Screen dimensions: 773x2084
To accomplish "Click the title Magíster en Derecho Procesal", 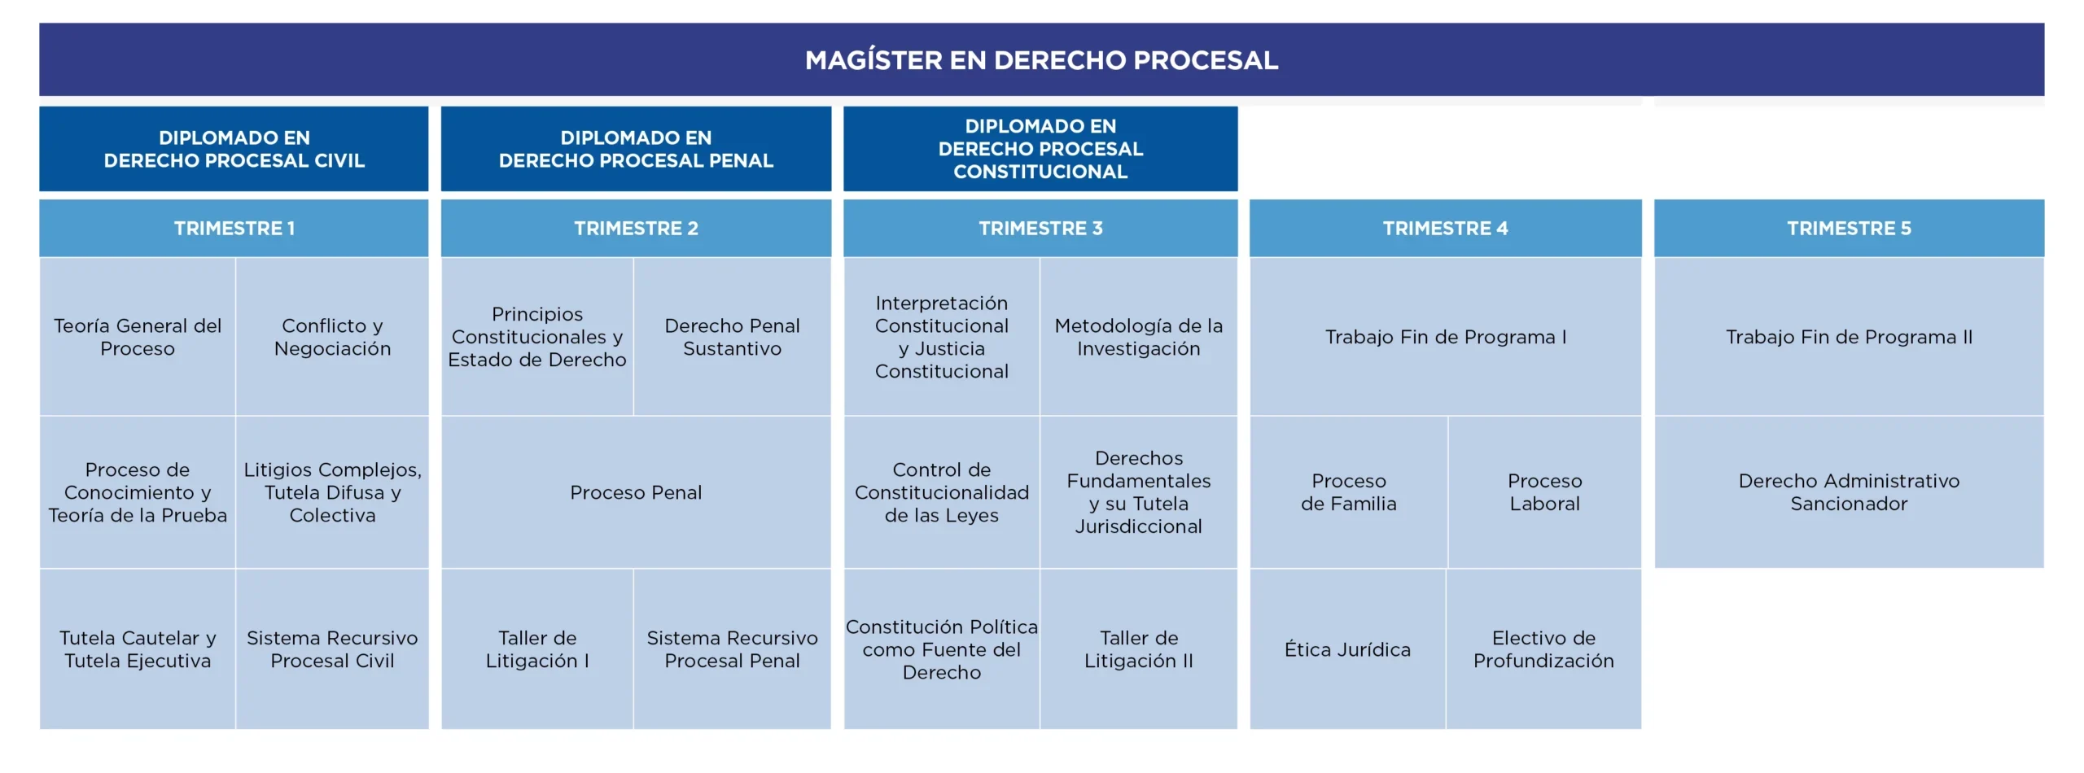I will click(x=1041, y=60).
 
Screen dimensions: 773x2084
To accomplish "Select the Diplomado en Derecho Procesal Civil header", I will click(x=234, y=149).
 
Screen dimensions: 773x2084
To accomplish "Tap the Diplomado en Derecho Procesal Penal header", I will click(x=636, y=149).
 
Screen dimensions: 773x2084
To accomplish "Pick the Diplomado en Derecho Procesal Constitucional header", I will click(x=1040, y=149).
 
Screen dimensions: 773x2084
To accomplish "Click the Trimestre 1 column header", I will click(x=234, y=229).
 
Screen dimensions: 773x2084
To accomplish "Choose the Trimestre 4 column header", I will click(x=1445, y=229).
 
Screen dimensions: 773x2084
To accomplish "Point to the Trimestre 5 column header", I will click(x=1849, y=229).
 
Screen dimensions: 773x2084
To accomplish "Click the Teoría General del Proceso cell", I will click(x=138, y=337).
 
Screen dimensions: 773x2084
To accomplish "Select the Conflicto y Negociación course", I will click(x=332, y=337).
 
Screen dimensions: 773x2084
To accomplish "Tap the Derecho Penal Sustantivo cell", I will click(x=732, y=337).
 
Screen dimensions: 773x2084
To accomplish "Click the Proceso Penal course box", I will click(x=636, y=492).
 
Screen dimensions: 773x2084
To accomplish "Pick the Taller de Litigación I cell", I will click(x=537, y=649).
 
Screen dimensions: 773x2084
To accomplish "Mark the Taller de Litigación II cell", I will click(x=1138, y=649).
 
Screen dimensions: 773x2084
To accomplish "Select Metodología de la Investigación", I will click(x=1138, y=337).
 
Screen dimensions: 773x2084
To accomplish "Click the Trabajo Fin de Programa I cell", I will click(x=1445, y=337).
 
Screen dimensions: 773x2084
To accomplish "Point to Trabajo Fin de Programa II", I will click(x=1849, y=337).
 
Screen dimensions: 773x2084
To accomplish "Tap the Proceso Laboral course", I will click(x=1544, y=492).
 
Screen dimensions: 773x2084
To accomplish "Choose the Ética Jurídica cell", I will click(x=1347, y=649).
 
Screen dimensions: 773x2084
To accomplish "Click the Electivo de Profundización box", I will click(x=1543, y=649).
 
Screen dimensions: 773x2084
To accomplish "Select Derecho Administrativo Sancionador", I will click(x=1849, y=492).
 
